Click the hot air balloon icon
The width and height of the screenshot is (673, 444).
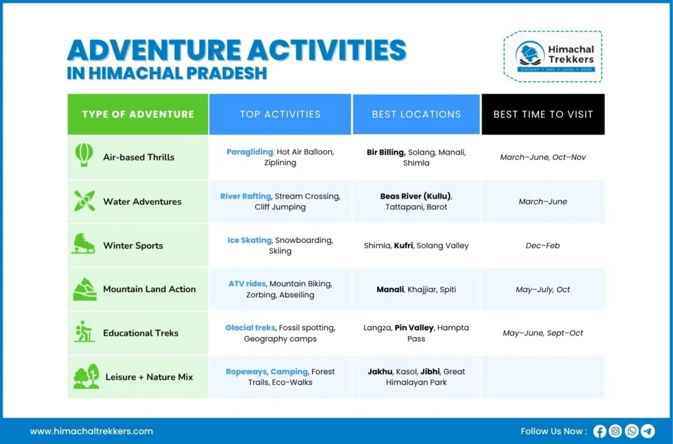[83, 156]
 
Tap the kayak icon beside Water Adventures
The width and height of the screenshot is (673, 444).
[83, 201]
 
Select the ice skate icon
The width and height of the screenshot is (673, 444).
[83, 244]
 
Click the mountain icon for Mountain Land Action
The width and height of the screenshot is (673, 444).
[83, 289]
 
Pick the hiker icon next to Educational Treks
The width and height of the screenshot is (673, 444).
[83, 332]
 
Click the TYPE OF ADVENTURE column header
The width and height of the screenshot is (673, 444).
[138, 114]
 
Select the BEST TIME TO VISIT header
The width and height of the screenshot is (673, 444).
[543, 114]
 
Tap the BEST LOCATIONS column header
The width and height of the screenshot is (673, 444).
[416, 114]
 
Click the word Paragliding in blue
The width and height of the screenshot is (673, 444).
[250, 152]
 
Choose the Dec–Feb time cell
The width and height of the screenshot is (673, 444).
[542, 245]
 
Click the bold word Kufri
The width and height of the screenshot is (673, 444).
[403, 245]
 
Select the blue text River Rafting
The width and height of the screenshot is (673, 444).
[245, 196]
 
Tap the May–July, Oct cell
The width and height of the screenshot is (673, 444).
[542, 289]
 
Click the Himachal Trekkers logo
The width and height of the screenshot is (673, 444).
[552, 57]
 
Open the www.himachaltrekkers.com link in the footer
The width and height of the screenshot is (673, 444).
[91, 432]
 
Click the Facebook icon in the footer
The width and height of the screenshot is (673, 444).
[599, 432]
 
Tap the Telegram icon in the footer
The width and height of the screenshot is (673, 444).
[648, 432]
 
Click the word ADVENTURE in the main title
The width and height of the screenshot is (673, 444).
[152, 51]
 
